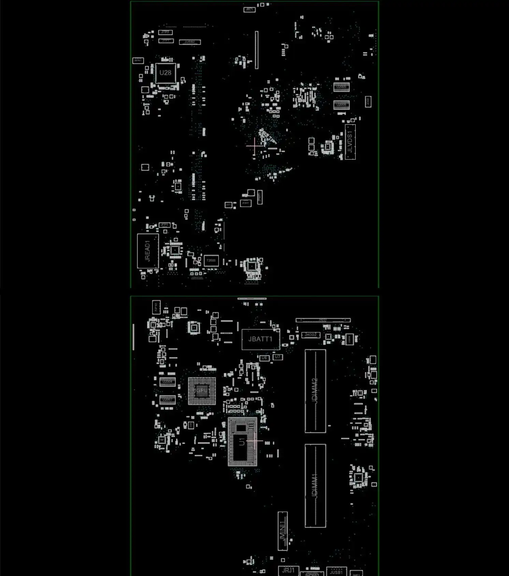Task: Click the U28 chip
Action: [x=165, y=73]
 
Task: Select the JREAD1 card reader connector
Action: [x=148, y=251]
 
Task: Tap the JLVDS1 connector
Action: [x=350, y=142]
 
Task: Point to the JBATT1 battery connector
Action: [x=260, y=339]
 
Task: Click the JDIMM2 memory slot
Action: [x=315, y=391]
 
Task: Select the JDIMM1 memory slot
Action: [x=315, y=486]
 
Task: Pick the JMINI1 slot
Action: [x=283, y=531]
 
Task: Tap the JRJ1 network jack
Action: [x=288, y=570]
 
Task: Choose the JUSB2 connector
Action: [x=190, y=42]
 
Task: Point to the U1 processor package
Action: [x=242, y=442]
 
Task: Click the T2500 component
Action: [x=211, y=261]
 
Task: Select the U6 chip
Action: [x=264, y=358]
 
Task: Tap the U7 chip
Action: [x=278, y=357]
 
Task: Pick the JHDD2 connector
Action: [x=311, y=335]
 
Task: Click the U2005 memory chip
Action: [x=341, y=87]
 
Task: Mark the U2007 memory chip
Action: [x=168, y=400]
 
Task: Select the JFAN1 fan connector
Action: [x=246, y=203]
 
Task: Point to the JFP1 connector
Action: [x=164, y=225]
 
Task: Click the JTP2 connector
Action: [x=165, y=32]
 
